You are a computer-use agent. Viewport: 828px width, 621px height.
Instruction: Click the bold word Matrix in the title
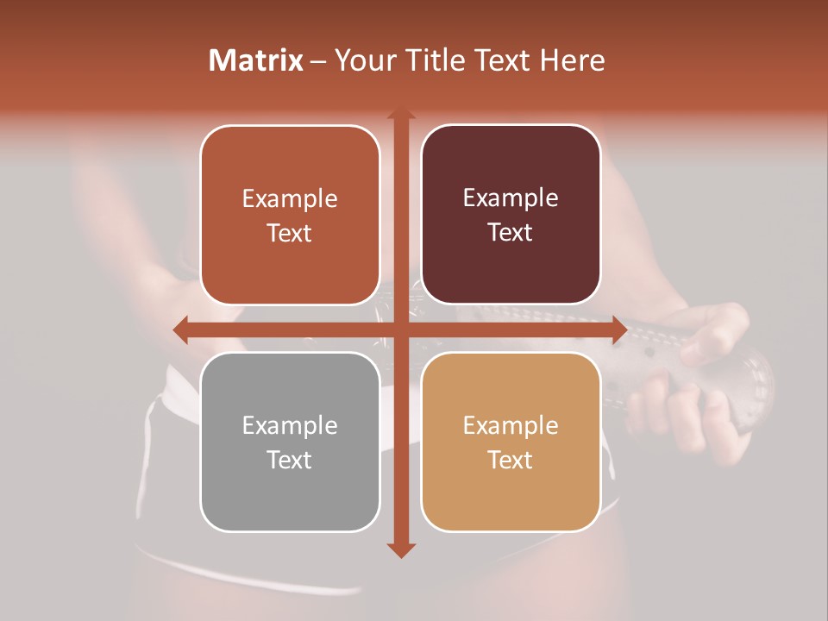[256, 60]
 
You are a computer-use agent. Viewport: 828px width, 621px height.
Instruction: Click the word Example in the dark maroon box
[511, 198]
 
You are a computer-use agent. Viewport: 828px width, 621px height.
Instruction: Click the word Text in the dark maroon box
[511, 233]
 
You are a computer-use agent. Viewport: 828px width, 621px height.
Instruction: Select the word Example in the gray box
[290, 425]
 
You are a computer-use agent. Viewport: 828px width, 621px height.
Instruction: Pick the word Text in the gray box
[290, 460]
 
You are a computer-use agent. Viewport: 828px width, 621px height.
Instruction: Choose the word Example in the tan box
[511, 425]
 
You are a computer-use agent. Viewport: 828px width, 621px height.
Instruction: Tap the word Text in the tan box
[511, 460]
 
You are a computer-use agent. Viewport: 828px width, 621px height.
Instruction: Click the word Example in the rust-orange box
[290, 198]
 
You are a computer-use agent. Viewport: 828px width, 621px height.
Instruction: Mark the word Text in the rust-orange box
[290, 233]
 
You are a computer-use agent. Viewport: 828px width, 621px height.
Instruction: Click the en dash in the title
[318, 61]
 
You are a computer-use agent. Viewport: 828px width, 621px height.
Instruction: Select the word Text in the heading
[502, 60]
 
